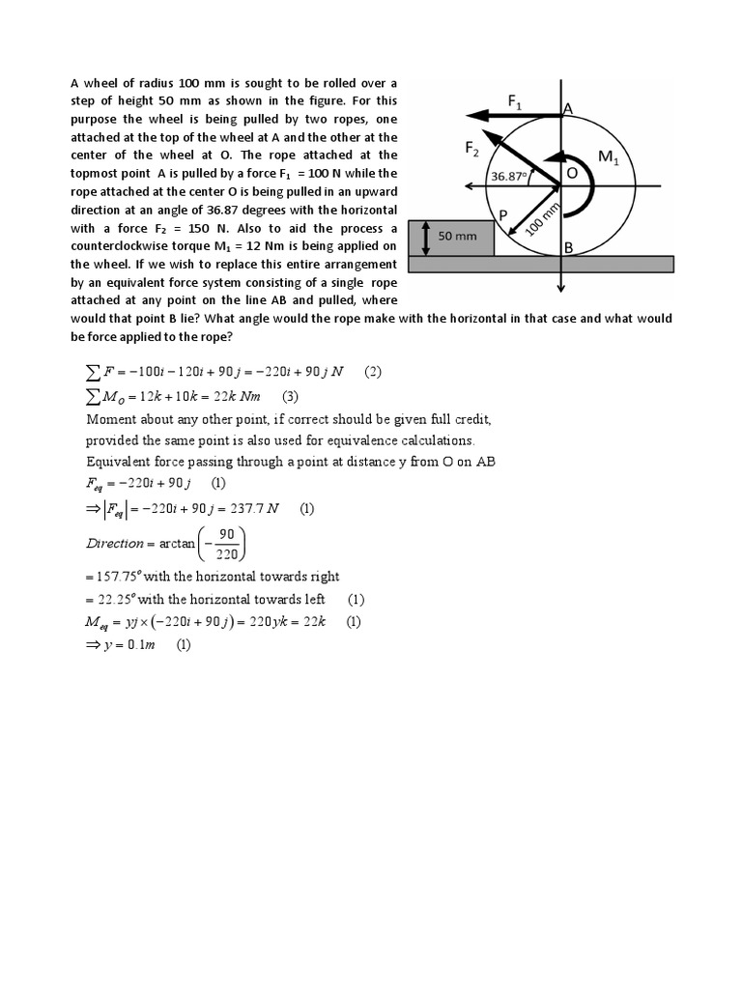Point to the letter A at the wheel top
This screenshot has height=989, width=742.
point(568,110)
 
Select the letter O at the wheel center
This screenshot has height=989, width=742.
point(571,172)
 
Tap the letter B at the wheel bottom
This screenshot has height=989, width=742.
point(569,248)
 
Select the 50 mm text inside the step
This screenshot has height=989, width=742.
point(459,235)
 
